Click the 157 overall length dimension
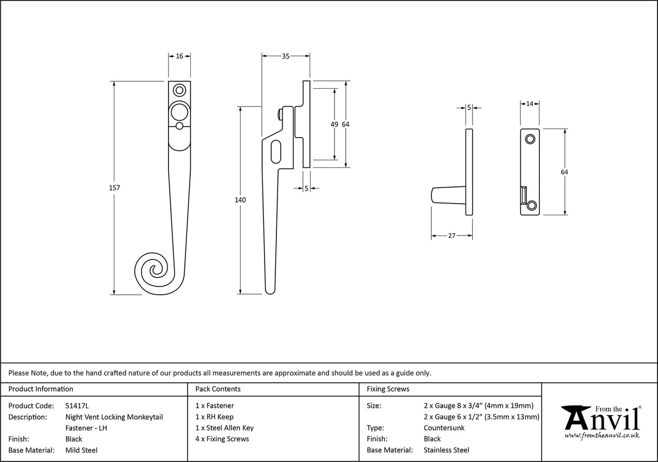pyautogui.click(x=114, y=188)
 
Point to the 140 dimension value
pyautogui.click(x=241, y=200)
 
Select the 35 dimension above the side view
pyautogui.click(x=286, y=55)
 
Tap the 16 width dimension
pyautogui.click(x=179, y=56)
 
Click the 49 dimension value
pyautogui.click(x=334, y=125)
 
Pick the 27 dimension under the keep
pyautogui.click(x=451, y=236)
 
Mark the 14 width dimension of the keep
pyautogui.click(x=530, y=103)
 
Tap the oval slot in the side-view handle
pyautogui.click(x=276, y=151)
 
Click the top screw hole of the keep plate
pyautogui.click(x=531, y=139)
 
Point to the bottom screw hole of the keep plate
pyautogui.click(x=532, y=205)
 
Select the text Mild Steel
pyautogui.click(x=81, y=450)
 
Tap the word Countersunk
pyautogui.click(x=444, y=428)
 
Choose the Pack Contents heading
pyautogui.click(x=218, y=389)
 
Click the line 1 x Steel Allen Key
pyautogui.click(x=224, y=428)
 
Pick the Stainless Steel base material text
pyautogui.click(x=446, y=450)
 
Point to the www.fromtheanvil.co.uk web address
pyautogui.click(x=602, y=435)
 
